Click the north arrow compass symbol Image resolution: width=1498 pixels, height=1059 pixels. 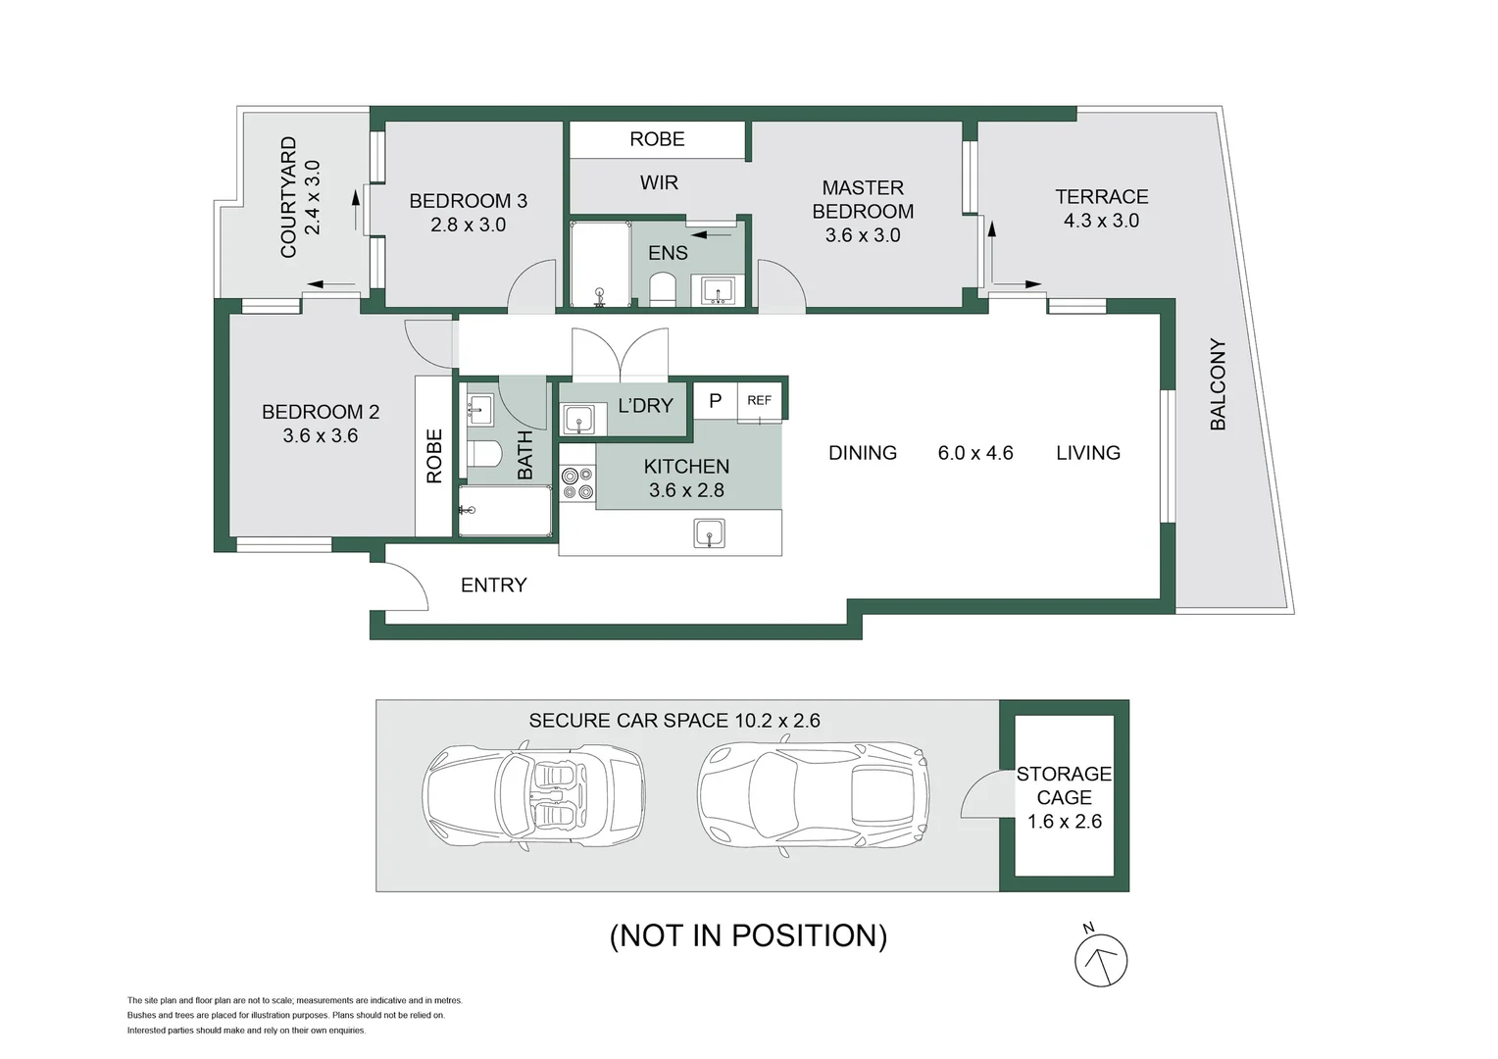click(x=1100, y=960)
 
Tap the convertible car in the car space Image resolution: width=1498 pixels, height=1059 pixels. click(x=533, y=793)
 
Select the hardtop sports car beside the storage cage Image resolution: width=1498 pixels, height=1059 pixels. click(x=813, y=793)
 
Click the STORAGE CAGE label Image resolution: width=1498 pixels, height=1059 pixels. click(x=1064, y=785)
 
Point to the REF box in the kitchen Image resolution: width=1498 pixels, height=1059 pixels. click(x=759, y=401)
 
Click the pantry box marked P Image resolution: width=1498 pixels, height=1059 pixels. click(x=715, y=401)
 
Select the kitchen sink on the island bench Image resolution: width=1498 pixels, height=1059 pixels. click(x=709, y=533)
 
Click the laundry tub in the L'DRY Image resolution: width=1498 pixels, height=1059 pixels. click(x=578, y=419)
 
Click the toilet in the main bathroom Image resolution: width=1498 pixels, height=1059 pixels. click(x=484, y=454)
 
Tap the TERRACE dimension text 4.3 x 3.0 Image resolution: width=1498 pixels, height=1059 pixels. click(x=1101, y=222)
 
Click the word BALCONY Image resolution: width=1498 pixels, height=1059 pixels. click(x=1218, y=384)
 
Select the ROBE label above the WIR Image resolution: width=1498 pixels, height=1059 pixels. click(x=657, y=139)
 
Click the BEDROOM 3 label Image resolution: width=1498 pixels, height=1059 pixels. click(x=468, y=201)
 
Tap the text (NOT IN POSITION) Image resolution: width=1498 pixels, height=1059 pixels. click(x=748, y=935)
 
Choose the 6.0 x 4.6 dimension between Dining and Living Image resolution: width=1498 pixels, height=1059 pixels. click(x=974, y=453)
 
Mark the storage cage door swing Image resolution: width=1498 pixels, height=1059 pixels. click(x=980, y=795)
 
